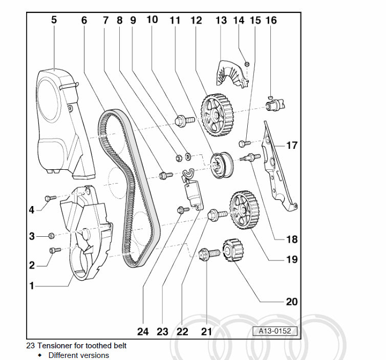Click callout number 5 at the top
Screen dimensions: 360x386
[x=54, y=20]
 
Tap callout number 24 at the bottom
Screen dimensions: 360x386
[x=143, y=331]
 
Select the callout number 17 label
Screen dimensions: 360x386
[x=291, y=146]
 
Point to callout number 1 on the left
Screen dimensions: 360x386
[x=32, y=286]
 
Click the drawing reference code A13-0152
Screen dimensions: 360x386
[x=275, y=331]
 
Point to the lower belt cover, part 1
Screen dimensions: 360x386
[x=87, y=235]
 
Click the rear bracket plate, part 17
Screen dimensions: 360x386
[x=276, y=164]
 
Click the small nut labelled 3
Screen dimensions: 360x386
[x=51, y=236]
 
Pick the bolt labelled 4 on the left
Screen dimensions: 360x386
[x=50, y=198]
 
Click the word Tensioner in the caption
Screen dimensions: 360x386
[x=57, y=346]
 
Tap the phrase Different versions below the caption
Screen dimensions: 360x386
[x=79, y=355]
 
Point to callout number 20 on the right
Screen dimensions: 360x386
[x=291, y=302]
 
